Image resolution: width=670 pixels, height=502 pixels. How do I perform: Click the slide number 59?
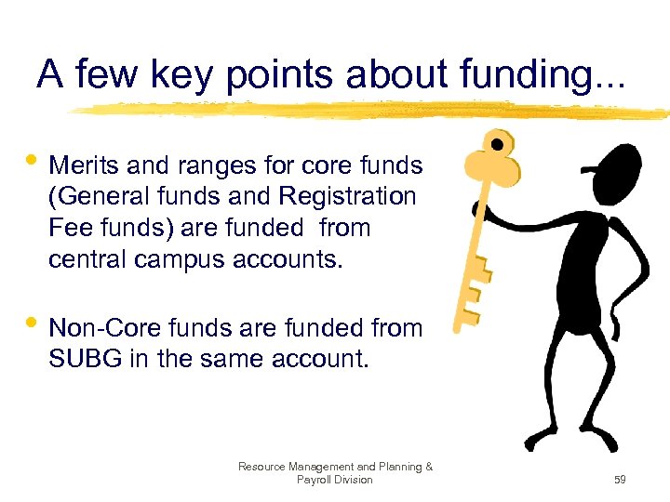coord(620,480)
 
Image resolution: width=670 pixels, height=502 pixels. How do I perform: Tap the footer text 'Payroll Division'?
coord(334,480)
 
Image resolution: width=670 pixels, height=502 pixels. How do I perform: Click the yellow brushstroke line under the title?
coord(372,111)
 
